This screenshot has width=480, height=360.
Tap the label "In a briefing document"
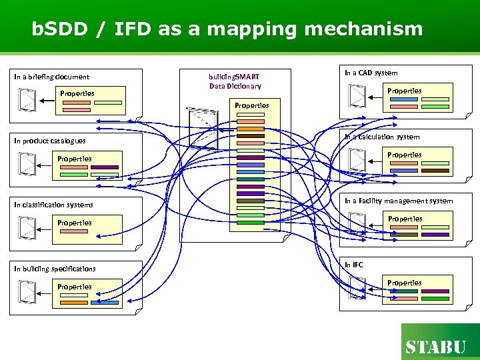52,77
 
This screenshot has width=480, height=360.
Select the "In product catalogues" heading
50,141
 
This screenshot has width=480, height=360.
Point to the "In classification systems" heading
53,205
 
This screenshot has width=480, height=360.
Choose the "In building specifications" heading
55,269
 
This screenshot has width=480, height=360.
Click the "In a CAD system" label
371,73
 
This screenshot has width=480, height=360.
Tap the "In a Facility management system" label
398,201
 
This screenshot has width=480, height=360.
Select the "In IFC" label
353,265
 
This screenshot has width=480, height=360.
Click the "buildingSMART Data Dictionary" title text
235,81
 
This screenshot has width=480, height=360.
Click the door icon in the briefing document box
27,100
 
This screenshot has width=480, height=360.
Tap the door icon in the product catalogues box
27,164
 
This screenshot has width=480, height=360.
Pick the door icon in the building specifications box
27,291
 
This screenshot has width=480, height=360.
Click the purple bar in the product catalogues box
105,167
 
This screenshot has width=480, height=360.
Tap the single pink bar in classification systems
73,231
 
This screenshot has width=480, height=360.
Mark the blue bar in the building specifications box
105,303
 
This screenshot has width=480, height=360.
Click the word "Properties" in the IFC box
405,283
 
